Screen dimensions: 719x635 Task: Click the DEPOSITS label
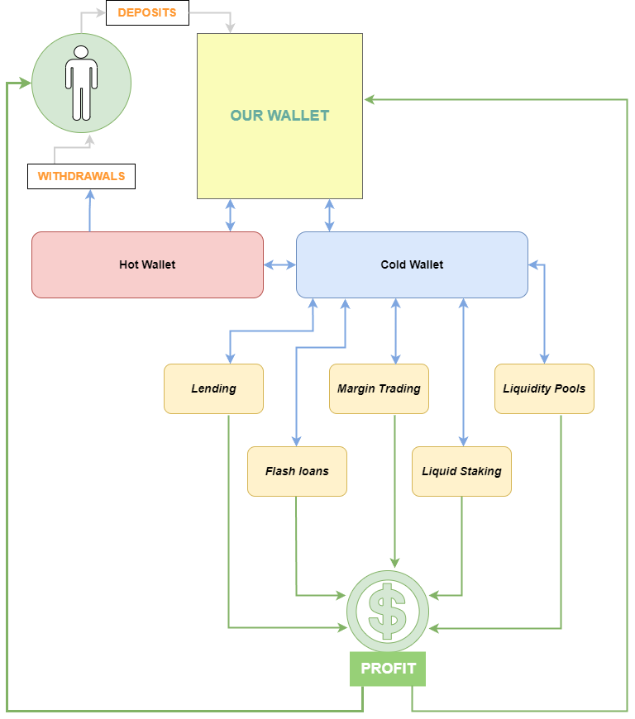click(147, 12)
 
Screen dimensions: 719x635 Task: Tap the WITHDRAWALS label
click(81, 176)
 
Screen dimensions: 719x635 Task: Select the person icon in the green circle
click(81, 83)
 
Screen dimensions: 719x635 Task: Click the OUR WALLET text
click(279, 116)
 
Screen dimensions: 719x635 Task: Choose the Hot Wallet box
click(147, 264)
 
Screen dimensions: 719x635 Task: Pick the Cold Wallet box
click(412, 264)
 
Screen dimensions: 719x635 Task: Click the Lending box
click(213, 388)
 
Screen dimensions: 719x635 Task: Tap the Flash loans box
click(297, 471)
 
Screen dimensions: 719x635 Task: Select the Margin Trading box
click(379, 388)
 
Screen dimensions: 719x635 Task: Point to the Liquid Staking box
click(461, 471)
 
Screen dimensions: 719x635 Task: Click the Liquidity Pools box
click(544, 388)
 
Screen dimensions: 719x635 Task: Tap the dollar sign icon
click(387, 612)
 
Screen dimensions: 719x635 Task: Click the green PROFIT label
click(388, 669)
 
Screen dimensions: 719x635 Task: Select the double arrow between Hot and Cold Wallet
click(279, 264)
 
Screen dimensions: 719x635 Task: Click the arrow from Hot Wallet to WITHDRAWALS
click(90, 211)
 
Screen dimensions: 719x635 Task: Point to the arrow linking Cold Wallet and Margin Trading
click(395, 331)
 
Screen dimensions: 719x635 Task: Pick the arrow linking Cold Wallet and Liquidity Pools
click(544, 314)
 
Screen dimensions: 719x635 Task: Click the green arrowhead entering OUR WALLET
click(370, 99)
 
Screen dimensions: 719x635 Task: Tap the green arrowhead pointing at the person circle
click(26, 83)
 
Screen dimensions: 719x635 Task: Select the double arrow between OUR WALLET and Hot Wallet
click(230, 215)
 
